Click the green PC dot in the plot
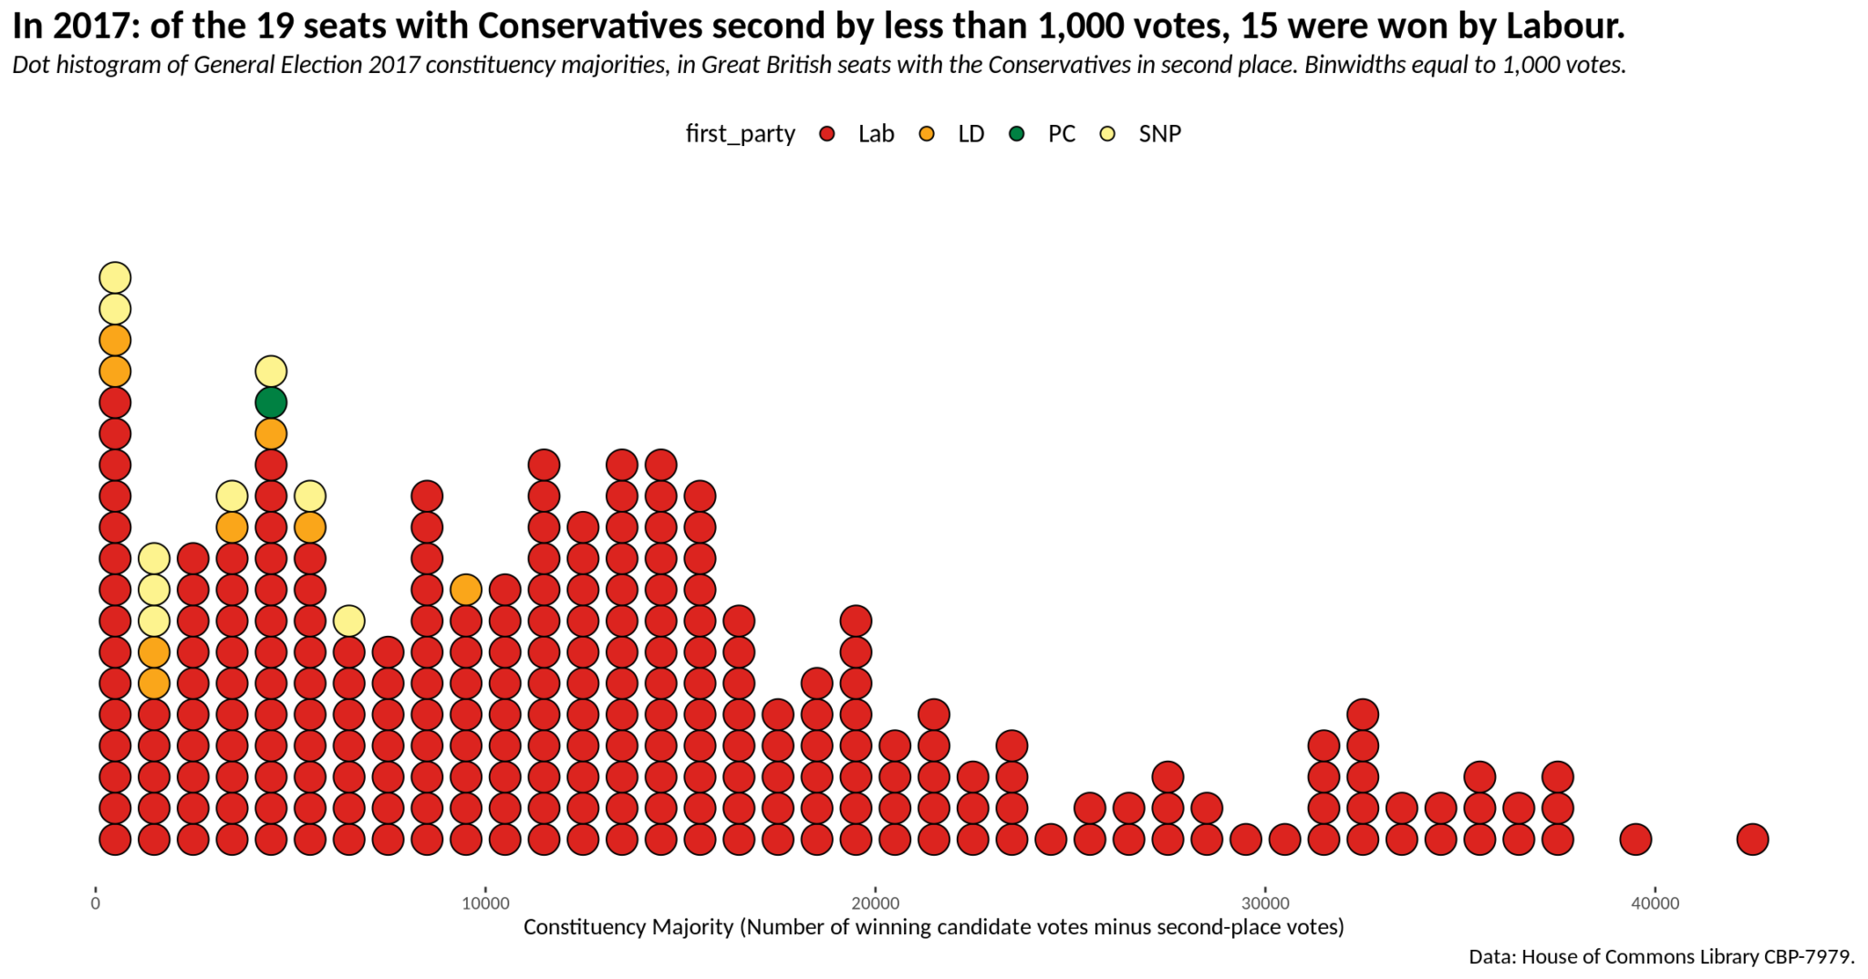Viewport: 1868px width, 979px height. tap(271, 402)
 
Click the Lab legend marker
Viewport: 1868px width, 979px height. tap(827, 134)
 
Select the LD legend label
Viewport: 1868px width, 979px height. tap(970, 134)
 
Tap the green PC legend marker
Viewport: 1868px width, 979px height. tap(1017, 134)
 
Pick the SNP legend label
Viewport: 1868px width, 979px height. tap(1159, 134)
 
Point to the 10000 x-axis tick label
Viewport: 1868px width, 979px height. tap(485, 904)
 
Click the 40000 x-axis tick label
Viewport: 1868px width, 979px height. tap(1655, 904)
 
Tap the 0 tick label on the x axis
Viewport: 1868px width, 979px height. tap(96, 904)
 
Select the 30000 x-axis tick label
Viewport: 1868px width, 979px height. tap(1265, 904)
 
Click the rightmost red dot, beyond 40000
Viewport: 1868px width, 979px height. tap(1752, 838)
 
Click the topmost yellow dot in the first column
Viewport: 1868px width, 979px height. tap(115, 277)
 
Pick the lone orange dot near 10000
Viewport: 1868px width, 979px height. tap(466, 589)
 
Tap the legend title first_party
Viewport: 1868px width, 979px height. tap(740, 134)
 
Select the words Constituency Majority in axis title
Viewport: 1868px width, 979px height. tap(628, 928)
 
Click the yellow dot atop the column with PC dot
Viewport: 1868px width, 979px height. tap(271, 371)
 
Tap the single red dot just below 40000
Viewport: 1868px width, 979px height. tap(1635, 838)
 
